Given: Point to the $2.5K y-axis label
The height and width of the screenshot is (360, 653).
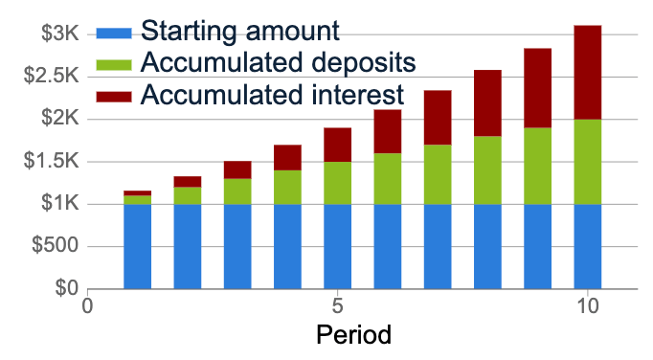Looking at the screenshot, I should click(x=49, y=77).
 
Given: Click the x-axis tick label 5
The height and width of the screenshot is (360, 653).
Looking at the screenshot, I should click(x=337, y=308).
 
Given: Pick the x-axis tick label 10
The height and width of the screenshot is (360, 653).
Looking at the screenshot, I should click(x=587, y=308).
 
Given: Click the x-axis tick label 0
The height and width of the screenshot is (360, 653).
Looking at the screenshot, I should click(x=88, y=308).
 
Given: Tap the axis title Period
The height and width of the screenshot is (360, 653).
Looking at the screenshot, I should click(x=353, y=336).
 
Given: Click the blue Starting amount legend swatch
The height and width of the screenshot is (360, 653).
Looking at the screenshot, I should click(x=116, y=33).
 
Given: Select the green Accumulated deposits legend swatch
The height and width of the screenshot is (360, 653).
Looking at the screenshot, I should click(x=116, y=63).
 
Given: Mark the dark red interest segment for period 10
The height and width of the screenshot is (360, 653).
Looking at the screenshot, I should click(x=587, y=72).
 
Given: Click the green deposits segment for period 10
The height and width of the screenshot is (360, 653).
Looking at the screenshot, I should click(x=587, y=162).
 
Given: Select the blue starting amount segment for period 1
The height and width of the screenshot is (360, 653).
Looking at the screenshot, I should click(x=137, y=246).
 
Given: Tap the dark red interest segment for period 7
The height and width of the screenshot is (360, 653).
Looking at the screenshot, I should click(x=438, y=117).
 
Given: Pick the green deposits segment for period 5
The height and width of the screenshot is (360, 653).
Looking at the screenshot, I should click(x=337, y=183).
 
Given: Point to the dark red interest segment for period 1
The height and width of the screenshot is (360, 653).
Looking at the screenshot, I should click(x=137, y=193).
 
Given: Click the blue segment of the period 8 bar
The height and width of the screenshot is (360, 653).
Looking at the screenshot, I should click(x=487, y=246).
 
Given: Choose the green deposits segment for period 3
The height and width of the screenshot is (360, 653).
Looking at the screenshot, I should click(x=237, y=191).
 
